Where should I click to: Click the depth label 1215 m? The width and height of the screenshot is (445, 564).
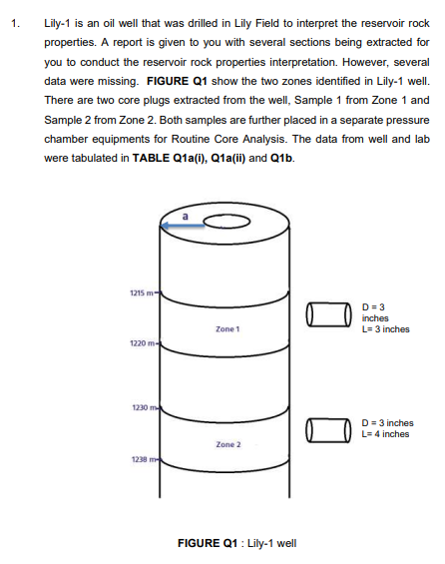[139, 291]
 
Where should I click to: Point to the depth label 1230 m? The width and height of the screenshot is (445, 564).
[141, 407]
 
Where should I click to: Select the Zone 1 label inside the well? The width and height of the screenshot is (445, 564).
[226, 328]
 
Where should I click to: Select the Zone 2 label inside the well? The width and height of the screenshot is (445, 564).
[226, 443]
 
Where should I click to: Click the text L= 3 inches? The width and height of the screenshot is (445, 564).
[387, 329]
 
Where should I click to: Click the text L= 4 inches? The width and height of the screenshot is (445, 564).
[388, 434]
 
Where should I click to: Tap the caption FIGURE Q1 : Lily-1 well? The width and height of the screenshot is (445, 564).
[235, 543]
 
